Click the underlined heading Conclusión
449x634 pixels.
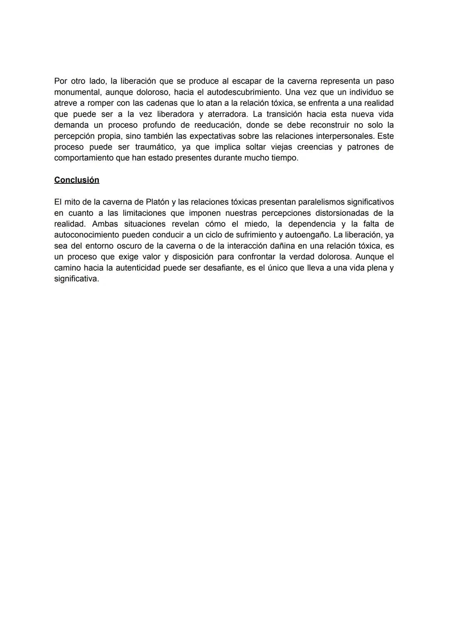click(x=76, y=180)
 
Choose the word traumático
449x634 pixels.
click(x=155, y=147)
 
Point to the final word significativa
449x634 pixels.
click(x=76, y=279)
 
